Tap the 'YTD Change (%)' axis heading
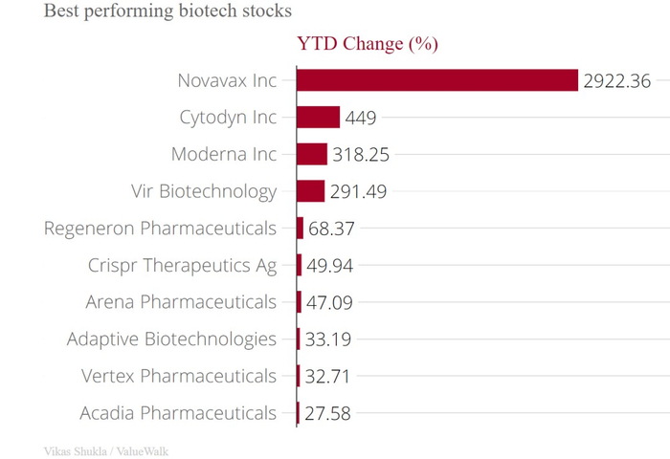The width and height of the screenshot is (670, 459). (x=367, y=44)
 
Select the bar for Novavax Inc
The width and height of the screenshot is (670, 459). (x=436, y=80)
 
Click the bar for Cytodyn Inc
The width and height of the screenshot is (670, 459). (x=318, y=118)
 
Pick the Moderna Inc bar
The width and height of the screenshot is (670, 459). (x=312, y=154)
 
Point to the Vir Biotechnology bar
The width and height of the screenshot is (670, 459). (x=310, y=191)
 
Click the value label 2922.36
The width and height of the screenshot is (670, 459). (x=617, y=81)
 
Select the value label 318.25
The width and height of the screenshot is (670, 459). (x=361, y=155)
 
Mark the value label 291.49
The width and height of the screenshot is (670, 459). (x=358, y=192)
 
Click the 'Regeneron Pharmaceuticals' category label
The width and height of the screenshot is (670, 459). (x=160, y=229)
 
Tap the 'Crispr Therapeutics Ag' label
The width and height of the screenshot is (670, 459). (x=182, y=266)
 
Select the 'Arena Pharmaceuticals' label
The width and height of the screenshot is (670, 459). (x=181, y=302)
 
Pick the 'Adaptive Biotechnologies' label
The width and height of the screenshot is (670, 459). (x=171, y=339)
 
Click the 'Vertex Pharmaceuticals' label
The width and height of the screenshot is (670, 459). (x=179, y=376)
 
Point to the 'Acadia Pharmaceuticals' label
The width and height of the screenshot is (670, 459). (x=179, y=413)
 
